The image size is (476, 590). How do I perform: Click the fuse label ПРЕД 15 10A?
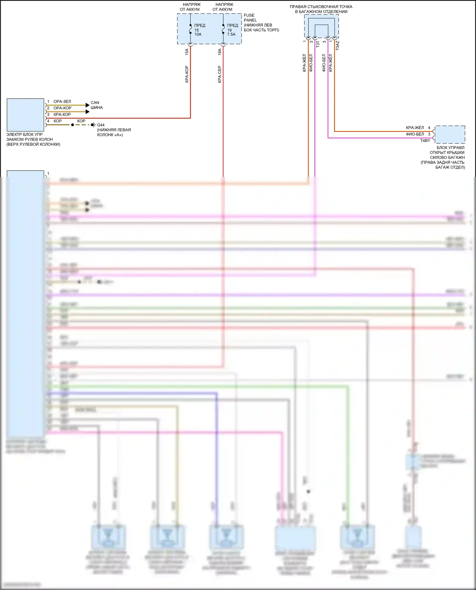(x=199, y=30)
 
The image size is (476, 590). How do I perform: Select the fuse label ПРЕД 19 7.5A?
(x=232, y=30)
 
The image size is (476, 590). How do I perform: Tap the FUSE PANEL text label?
(x=249, y=17)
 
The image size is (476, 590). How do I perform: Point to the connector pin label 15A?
(x=187, y=52)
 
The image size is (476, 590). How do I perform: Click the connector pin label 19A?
(x=220, y=52)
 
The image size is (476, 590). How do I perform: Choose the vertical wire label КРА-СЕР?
(x=220, y=75)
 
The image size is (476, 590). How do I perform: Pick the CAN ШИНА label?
(x=96, y=105)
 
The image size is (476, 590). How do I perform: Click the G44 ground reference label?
(x=101, y=125)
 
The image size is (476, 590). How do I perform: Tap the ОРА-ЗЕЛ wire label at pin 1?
(x=62, y=101)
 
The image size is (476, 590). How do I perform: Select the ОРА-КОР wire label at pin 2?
(x=63, y=108)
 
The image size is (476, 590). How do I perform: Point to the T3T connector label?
(x=318, y=44)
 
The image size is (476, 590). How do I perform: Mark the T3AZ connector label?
(x=337, y=45)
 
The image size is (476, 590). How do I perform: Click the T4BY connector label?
(x=425, y=141)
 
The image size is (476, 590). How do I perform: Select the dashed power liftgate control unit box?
(x=450, y=134)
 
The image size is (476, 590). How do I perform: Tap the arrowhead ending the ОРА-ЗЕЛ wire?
(x=88, y=105)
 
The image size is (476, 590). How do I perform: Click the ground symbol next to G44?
(x=94, y=125)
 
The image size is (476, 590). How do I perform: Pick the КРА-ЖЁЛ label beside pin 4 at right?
(x=415, y=128)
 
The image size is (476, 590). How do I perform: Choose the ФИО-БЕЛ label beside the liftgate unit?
(x=415, y=134)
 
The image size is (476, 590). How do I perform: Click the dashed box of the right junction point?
(x=321, y=26)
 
